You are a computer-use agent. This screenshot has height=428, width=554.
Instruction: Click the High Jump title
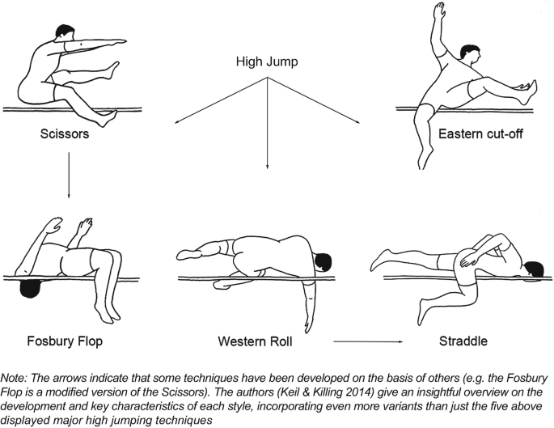point(268,61)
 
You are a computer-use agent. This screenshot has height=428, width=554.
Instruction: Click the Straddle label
point(463,341)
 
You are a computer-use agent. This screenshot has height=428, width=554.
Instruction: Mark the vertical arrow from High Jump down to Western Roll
point(268,121)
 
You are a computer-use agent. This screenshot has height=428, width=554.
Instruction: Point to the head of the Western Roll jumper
point(322,262)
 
